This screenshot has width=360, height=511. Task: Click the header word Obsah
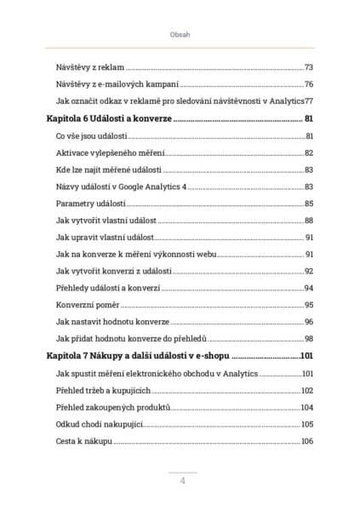point(180,36)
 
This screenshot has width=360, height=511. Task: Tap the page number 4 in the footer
point(182,480)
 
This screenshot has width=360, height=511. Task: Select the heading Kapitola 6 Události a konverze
point(107,119)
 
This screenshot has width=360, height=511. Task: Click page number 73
point(308,67)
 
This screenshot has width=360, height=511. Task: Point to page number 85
point(308,204)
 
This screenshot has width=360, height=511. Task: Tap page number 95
point(308,305)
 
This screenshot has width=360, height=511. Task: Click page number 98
point(308,339)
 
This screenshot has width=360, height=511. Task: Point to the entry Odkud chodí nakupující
point(100,424)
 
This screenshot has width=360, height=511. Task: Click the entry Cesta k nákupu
point(83,441)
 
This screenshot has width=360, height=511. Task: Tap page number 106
point(307,441)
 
